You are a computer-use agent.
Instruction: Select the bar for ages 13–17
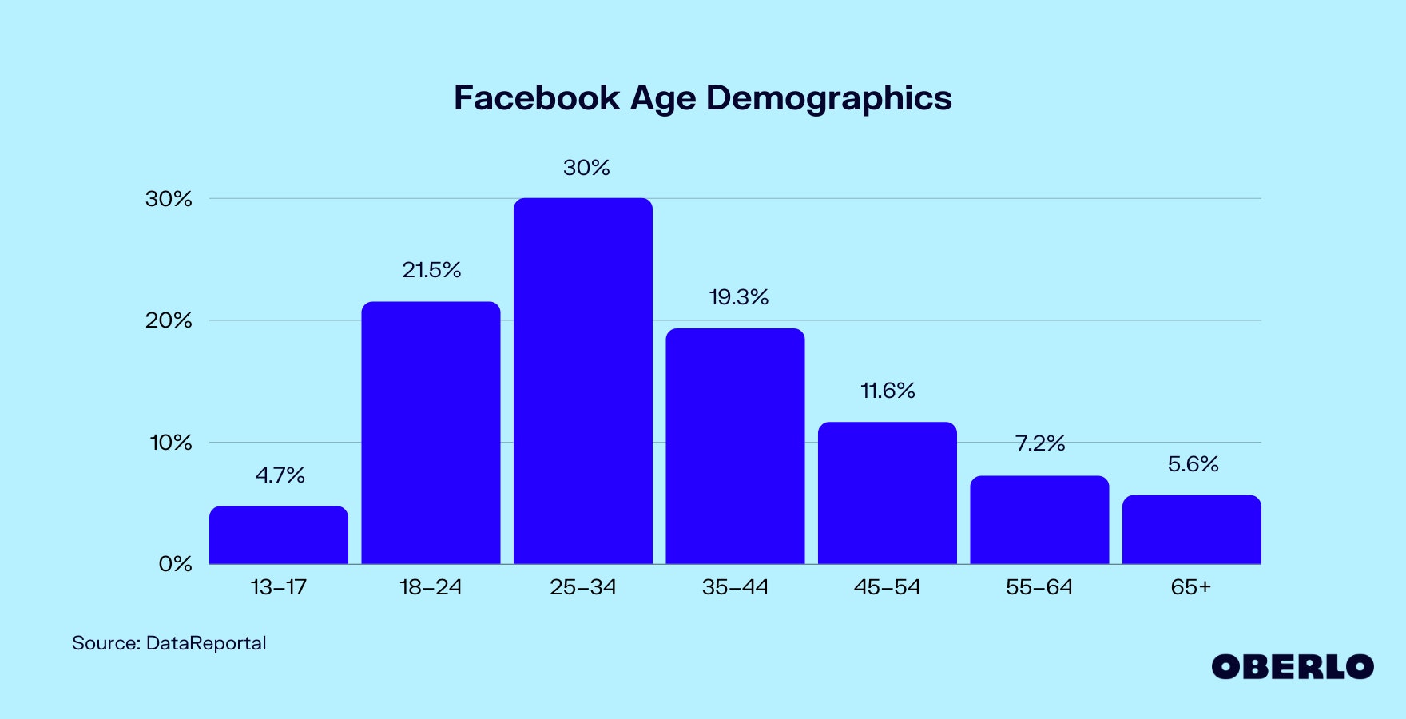coord(279,534)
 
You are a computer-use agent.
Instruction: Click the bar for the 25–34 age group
coord(583,381)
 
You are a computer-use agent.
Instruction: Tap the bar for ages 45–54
coord(888,493)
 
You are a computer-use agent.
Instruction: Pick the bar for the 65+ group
coord(1192,530)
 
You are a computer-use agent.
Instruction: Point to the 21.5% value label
coord(431,270)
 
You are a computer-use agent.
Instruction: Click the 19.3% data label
coord(739,297)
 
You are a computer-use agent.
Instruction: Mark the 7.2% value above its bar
coord(1040,443)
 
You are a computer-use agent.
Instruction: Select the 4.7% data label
coord(280,475)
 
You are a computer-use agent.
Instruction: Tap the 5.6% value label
coord(1193,464)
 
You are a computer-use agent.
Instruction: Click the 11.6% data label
coord(888,391)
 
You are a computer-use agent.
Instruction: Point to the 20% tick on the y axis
coord(169,320)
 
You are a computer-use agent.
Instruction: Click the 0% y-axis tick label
coord(175,564)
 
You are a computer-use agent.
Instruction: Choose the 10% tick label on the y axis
coord(170,443)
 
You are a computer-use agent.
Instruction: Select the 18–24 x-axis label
coord(431,587)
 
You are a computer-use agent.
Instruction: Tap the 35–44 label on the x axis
coord(735,587)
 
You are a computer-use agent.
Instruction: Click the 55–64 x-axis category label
coord(1039,587)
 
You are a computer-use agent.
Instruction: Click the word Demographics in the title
coord(828,98)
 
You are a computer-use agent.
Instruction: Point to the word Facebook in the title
coord(537,98)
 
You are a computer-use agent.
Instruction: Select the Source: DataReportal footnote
coord(169,643)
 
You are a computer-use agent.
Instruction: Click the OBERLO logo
coord(1293,667)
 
